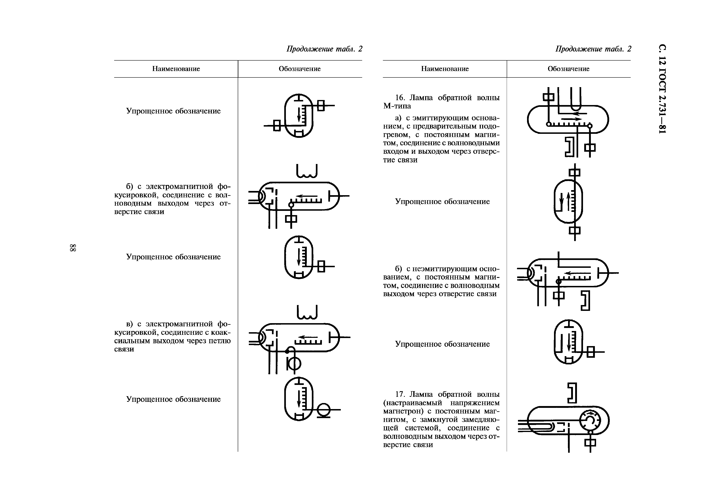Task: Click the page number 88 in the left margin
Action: click(x=73, y=248)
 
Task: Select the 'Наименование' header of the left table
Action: click(x=176, y=69)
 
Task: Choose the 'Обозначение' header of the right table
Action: click(x=568, y=69)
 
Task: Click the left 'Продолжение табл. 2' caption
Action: click(x=324, y=49)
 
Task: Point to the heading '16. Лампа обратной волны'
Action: click(x=447, y=98)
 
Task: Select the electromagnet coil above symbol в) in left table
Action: click(x=307, y=312)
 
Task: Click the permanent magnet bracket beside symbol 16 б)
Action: click(x=585, y=301)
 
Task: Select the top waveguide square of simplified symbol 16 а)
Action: click(x=574, y=173)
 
